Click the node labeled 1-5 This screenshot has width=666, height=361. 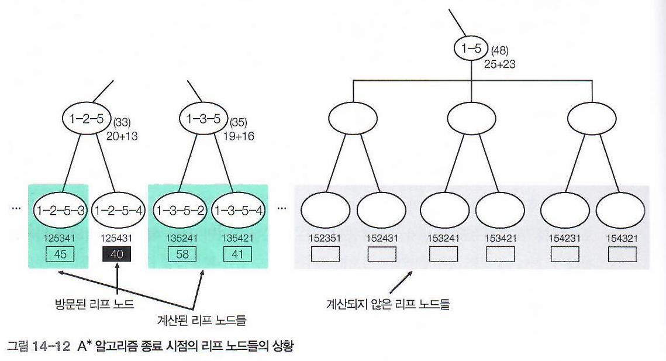(471, 49)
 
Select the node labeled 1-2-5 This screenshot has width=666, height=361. (87, 119)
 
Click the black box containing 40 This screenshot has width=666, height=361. (117, 254)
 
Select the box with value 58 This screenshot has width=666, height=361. (179, 254)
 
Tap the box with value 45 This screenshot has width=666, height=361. (58, 254)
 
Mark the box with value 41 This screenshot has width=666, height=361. (237, 254)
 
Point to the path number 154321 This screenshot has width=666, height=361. (622, 238)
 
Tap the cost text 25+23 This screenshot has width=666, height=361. (500, 64)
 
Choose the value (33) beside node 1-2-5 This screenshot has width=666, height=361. (122, 123)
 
